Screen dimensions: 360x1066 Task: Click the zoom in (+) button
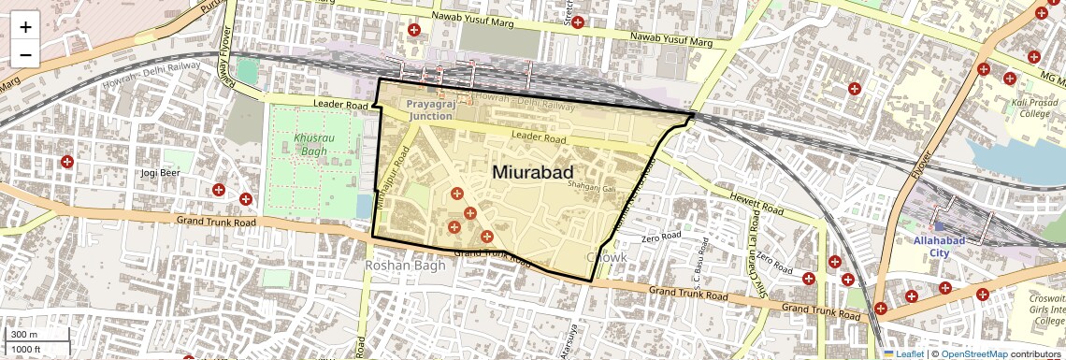(25, 26)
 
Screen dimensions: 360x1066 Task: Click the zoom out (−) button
(25, 54)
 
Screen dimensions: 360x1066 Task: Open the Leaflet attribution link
(903, 353)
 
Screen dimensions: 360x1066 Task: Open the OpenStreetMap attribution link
(973, 353)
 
